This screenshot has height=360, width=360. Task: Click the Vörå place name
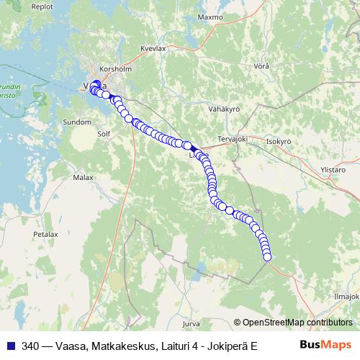tap(262, 66)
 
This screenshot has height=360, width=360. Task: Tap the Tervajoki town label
tap(232, 138)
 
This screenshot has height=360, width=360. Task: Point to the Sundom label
tap(77, 123)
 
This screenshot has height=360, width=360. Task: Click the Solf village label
tap(104, 134)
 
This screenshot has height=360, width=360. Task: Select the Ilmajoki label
tap(346, 296)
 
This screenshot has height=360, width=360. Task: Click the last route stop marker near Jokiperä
tap(267, 256)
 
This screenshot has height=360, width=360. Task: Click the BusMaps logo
tap(326, 344)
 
